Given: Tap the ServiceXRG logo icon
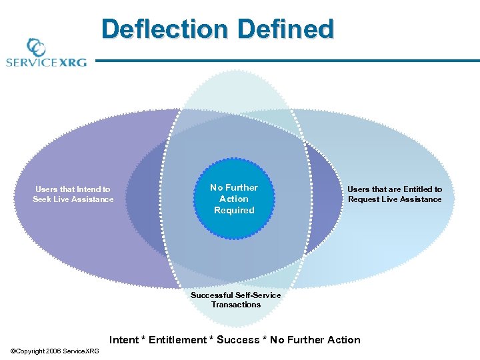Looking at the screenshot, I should pos(35,48).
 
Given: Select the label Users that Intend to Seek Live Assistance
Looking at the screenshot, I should pos(73,194).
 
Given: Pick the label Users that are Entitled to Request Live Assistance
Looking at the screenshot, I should pos(395,194).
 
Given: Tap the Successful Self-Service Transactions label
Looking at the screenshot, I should pos(236,300).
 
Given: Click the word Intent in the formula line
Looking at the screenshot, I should pos(124,340).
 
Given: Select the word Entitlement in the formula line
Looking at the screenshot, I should pos(177,340).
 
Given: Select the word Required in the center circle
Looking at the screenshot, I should pos(234,210).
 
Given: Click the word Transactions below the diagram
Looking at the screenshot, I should pos(236,305).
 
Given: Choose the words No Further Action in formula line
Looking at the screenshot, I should pos(315,340).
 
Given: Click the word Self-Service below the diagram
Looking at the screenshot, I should pos(258,295).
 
